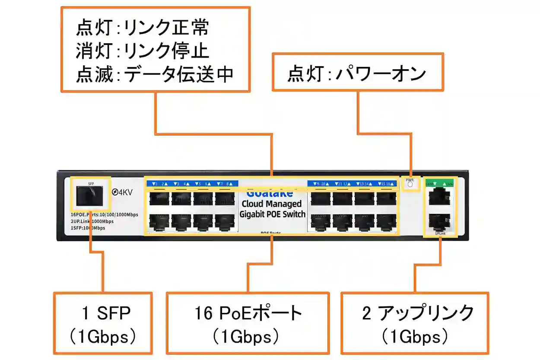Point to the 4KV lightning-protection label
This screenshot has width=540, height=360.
point(122,192)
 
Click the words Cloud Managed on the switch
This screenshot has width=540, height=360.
point(272,204)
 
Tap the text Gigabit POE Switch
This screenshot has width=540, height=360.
point(272,214)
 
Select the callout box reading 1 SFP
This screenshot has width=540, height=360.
point(103,323)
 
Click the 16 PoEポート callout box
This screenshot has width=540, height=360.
point(248,323)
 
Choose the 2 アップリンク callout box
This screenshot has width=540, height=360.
point(415,323)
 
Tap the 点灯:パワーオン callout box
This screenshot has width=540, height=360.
point(357,73)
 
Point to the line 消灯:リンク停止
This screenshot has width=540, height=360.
point(143,51)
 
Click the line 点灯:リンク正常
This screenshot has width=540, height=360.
point(143,28)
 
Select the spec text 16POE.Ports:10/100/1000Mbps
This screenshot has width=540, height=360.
point(104,215)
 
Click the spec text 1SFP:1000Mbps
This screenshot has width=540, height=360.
point(87,228)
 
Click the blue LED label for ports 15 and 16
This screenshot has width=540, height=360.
point(386,184)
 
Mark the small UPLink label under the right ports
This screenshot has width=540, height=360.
point(440,233)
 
